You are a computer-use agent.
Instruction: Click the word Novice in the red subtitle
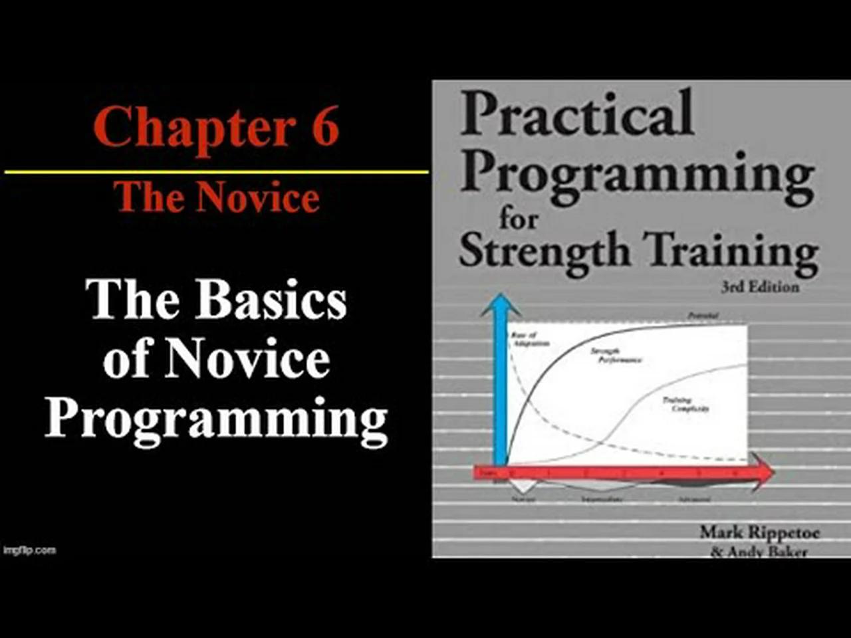tap(257, 197)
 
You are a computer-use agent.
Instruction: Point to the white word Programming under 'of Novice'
tap(216, 419)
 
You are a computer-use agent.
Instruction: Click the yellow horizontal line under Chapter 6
tap(216, 172)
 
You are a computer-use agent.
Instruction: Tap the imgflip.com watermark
tap(29, 550)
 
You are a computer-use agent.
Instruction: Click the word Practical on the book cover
tap(577, 114)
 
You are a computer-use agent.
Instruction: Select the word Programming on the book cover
tap(638, 175)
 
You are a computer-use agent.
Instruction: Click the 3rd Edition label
tap(760, 287)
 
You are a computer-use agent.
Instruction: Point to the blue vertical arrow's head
tap(500, 306)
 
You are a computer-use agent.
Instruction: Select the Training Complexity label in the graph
tap(685, 404)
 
